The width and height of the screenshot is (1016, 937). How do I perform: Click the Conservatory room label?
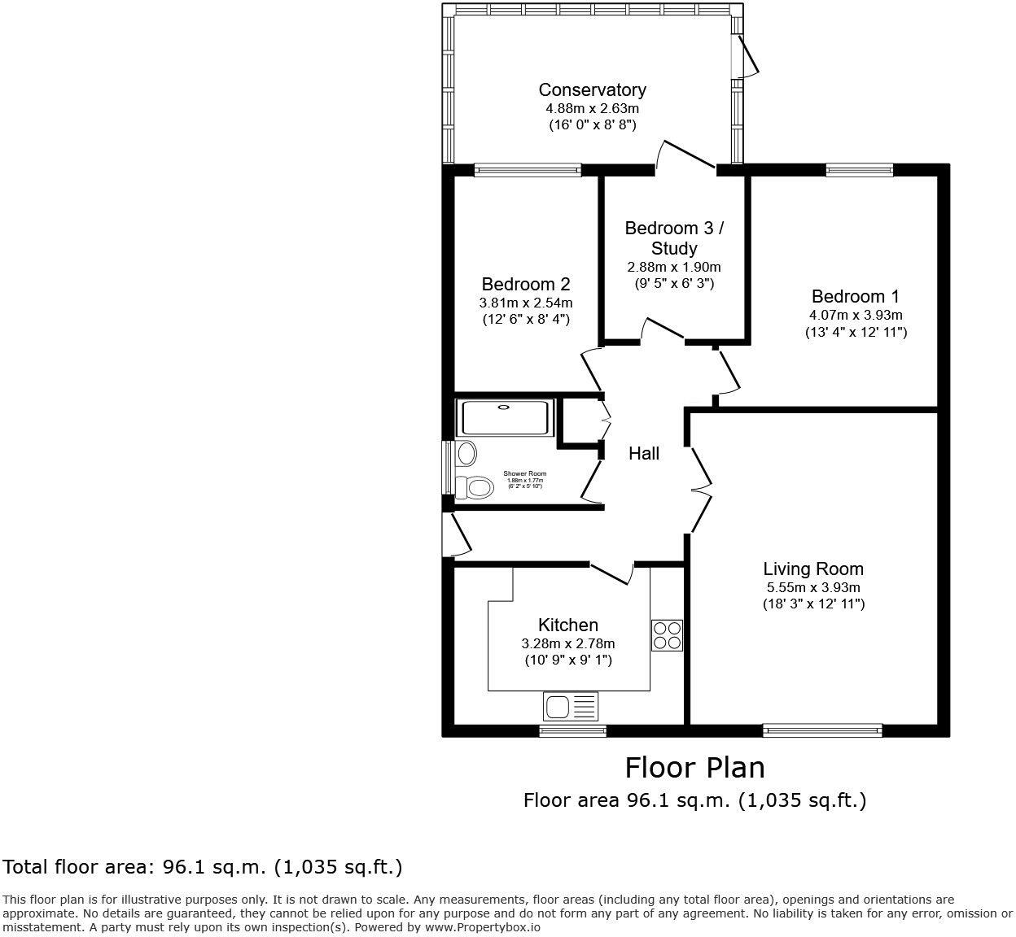pos(592,90)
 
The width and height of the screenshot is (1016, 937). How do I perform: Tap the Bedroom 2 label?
pos(525,285)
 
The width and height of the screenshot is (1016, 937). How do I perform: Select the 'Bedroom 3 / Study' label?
pos(673,238)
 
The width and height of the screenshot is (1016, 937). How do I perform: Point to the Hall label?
pos(643,454)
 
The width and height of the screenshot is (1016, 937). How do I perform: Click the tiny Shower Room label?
pos(524,473)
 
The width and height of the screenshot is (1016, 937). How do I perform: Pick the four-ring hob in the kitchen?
pos(667,635)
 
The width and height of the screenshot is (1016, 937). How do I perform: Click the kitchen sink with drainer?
pos(570,706)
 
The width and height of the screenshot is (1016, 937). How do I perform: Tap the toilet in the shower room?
pos(475,487)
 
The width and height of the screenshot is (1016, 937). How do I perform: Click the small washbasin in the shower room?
pos(466,451)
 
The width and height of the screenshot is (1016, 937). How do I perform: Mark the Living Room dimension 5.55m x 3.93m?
pos(812,587)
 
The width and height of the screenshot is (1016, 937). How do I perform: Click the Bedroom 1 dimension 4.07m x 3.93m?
pos(855,315)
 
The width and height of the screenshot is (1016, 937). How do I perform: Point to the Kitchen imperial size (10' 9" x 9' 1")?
pos(568,660)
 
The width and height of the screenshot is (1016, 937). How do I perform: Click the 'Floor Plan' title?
pos(694,767)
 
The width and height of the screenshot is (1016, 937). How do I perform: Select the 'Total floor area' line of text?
pos(204,868)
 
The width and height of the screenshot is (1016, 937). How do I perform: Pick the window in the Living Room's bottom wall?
pos(822,730)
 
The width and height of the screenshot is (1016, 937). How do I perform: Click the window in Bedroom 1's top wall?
pos(859,170)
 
